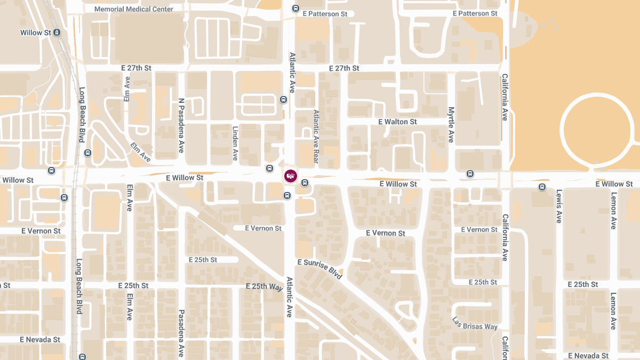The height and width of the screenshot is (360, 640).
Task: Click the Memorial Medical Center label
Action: (x=134, y=9)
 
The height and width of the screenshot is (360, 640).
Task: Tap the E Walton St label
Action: (x=397, y=122)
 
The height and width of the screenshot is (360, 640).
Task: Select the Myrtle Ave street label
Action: (x=451, y=125)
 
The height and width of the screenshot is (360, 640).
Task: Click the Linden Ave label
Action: (x=235, y=143)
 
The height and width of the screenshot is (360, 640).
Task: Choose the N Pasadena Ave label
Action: (x=181, y=126)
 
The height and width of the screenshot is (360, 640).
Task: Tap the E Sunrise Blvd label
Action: (x=319, y=270)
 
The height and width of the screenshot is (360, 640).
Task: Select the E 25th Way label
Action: (x=264, y=286)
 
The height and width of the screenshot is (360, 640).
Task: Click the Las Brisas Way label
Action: (x=474, y=323)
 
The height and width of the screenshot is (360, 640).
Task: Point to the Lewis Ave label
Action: (x=559, y=206)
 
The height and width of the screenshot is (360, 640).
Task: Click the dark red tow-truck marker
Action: (x=291, y=176)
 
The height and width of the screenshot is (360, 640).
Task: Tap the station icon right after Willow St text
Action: (x=57, y=33)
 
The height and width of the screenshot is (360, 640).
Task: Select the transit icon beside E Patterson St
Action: (x=295, y=9)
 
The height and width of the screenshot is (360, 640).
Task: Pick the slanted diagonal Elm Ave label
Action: (x=140, y=151)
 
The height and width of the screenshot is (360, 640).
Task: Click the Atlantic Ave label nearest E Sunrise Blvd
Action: (x=290, y=297)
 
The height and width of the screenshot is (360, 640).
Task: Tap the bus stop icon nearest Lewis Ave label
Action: (x=542, y=187)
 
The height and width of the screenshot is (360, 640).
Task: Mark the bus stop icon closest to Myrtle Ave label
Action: (x=470, y=173)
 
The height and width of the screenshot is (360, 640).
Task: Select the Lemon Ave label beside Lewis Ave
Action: (x=613, y=209)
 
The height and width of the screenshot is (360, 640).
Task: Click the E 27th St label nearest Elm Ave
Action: (x=137, y=68)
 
